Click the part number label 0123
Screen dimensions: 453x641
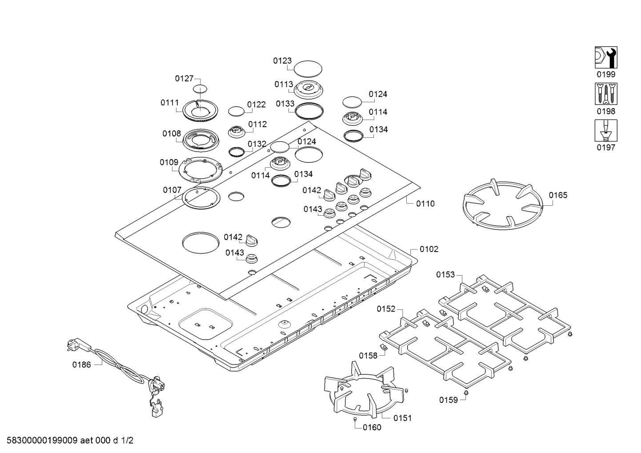pyautogui.click(x=282, y=61)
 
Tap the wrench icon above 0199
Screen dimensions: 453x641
pyautogui.click(x=606, y=58)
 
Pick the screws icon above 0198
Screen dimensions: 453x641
pyautogui.click(x=606, y=94)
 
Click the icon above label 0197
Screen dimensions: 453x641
pyautogui.click(x=606, y=131)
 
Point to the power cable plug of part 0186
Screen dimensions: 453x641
pyautogui.click(x=74, y=345)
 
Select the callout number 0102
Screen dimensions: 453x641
pyautogui.click(x=429, y=249)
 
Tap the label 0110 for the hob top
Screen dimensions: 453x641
pyautogui.click(x=425, y=204)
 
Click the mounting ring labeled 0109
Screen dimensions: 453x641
pyautogui.click(x=200, y=169)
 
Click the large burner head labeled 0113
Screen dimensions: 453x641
pyautogui.click(x=308, y=89)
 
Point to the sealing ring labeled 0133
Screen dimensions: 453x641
pyautogui.click(x=309, y=110)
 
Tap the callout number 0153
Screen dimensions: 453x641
pyautogui.click(x=445, y=274)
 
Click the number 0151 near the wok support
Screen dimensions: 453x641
pyautogui.click(x=402, y=418)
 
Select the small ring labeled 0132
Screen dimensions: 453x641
pyautogui.click(x=237, y=152)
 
